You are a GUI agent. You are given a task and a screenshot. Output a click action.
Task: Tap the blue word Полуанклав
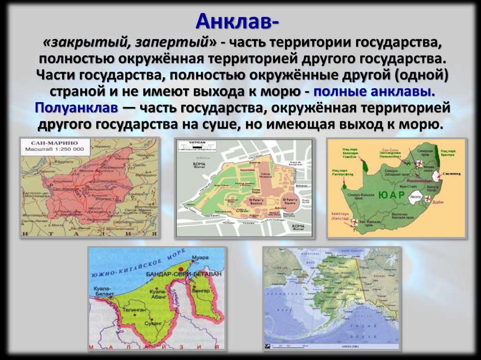(x=75, y=107)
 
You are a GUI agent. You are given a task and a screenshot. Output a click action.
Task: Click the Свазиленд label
(x=451, y=174)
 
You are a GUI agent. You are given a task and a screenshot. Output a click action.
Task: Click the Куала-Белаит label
(x=102, y=289)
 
